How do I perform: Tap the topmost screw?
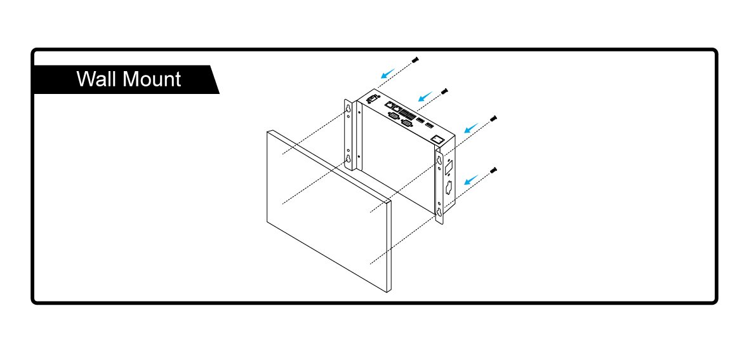pos(415,59)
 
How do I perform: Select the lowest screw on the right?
pos(494,170)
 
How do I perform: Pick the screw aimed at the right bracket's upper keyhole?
pos(494,117)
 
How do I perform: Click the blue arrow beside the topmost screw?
pos(388,73)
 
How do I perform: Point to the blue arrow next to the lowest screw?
pos(470,181)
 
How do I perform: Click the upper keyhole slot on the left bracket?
pos(348,110)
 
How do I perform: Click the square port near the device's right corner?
pos(437,138)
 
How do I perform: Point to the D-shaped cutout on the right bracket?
pos(449,187)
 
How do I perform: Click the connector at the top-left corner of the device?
pos(372,99)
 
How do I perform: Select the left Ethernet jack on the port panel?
pos(388,105)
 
